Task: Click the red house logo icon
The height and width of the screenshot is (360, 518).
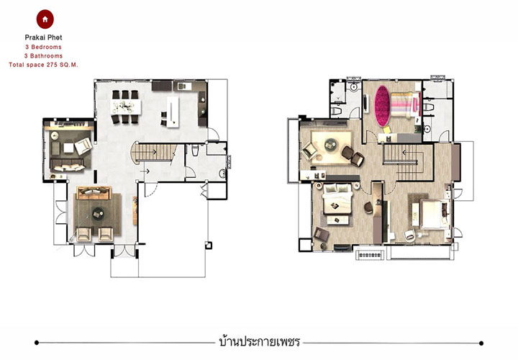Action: click(45, 19)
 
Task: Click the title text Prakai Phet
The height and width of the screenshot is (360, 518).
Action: click(43, 37)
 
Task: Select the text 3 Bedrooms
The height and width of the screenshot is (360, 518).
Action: click(43, 47)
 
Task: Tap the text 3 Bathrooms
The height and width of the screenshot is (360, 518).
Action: click(43, 56)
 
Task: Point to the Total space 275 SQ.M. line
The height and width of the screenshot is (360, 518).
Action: click(43, 65)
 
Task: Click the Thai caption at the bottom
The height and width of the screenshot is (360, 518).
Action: click(259, 341)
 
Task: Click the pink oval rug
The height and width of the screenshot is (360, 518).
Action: click(382, 106)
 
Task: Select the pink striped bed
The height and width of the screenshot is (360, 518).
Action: click(405, 105)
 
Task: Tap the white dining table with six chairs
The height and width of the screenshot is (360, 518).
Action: click(125, 107)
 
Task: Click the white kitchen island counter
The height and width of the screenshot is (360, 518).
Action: click(173, 112)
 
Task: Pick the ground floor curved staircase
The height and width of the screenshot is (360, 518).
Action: click(153, 152)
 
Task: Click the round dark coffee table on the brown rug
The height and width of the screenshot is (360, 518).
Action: click(97, 214)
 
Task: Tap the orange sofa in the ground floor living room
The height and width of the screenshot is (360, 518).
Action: click(94, 193)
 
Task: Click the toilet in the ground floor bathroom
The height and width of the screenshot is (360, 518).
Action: click(195, 150)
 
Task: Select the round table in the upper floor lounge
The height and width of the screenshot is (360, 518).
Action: click(330, 145)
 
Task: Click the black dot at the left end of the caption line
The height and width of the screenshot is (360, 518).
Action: click(37, 343)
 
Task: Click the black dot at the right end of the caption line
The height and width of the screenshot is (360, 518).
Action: click(481, 343)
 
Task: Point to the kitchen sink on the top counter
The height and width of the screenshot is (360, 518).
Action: click(184, 86)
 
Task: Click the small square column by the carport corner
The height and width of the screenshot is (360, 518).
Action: click(209, 246)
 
